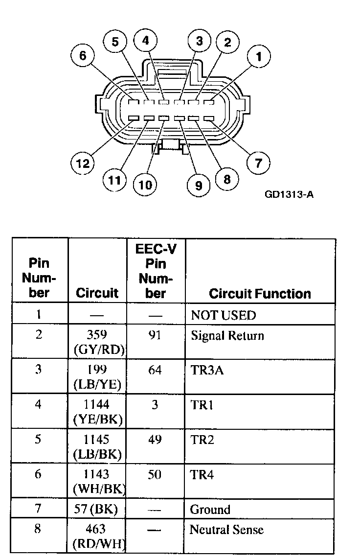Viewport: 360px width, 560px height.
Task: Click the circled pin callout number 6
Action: point(83,56)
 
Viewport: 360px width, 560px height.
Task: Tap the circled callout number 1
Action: point(259,57)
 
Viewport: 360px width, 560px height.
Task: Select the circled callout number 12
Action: point(83,163)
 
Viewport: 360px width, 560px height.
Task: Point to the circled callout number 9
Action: point(198,185)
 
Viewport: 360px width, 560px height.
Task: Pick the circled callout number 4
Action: point(145,41)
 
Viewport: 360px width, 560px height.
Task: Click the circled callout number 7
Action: point(258,162)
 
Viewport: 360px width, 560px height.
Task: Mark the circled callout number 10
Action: point(145,185)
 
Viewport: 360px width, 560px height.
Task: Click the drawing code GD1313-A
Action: point(289,194)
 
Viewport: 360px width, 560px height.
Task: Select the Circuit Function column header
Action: point(260,294)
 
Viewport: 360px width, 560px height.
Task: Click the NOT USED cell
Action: point(223,315)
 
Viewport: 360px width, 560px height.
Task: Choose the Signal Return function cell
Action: point(227,336)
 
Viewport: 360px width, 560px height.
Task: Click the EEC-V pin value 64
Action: point(155,370)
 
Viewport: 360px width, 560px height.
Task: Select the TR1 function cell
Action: point(202,405)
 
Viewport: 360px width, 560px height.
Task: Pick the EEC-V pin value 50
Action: point(155,475)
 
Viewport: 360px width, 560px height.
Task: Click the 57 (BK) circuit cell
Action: point(97,510)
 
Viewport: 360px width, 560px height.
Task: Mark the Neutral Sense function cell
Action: point(226,530)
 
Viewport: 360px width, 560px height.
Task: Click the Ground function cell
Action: point(210,510)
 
